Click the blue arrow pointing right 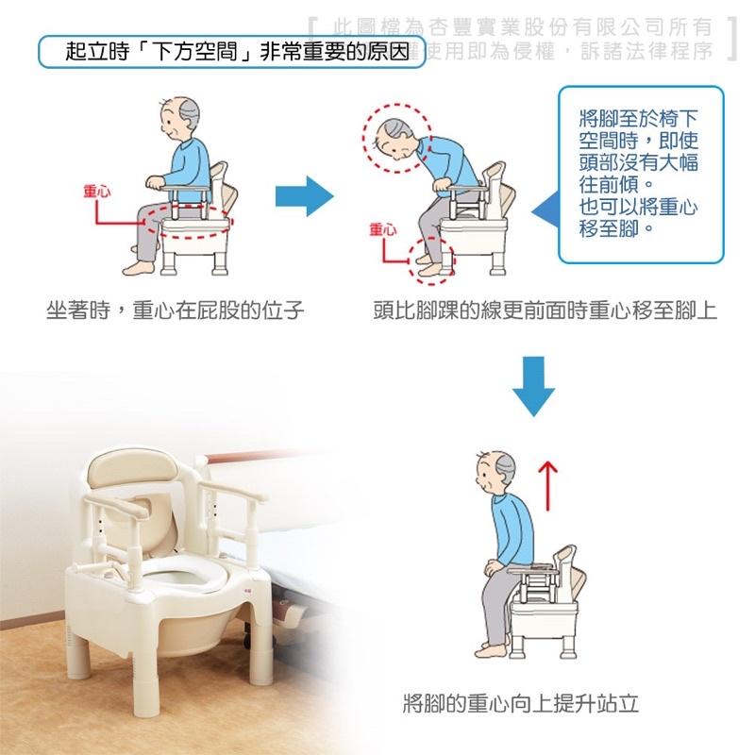[x=305, y=198]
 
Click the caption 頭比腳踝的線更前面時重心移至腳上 [x=545, y=310]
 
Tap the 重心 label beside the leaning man [x=383, y=229]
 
